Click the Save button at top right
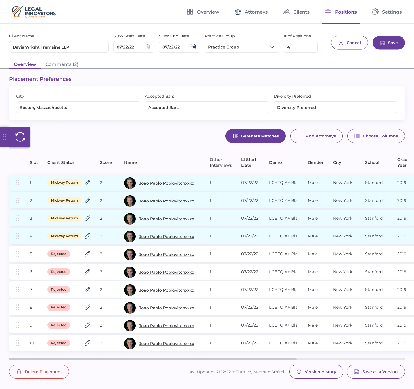388,43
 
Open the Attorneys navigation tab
251,12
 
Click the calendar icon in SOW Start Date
147,47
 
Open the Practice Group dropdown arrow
272,47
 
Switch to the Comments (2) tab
62,64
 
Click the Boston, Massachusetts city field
78,107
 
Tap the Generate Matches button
255,136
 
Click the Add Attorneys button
316,136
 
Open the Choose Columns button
376,136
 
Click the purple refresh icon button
20,137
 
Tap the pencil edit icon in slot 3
87,218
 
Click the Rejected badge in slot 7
59,290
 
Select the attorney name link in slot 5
166,254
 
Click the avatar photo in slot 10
130,344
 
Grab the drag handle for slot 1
17,183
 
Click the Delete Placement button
39,372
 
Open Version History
316,372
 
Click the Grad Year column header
402,162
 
